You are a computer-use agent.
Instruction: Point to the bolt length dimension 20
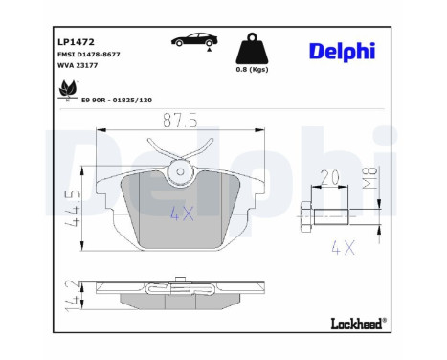[331, 178]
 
